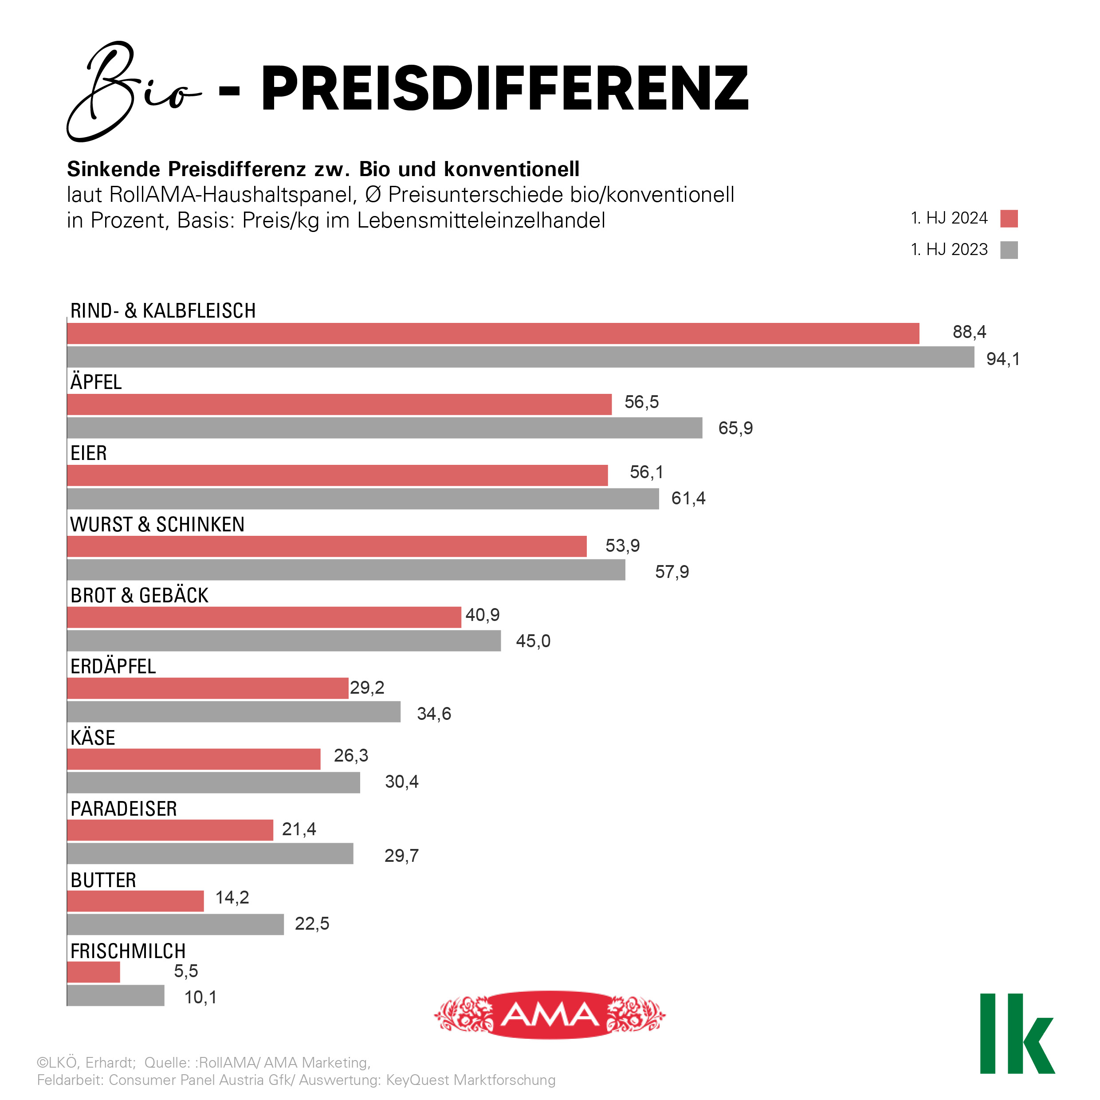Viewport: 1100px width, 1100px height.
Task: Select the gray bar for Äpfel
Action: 384,428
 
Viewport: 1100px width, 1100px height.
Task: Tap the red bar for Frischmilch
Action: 94,972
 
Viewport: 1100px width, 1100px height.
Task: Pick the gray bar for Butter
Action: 175,924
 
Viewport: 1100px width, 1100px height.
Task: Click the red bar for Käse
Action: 193,759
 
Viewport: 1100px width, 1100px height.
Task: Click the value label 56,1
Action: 646,472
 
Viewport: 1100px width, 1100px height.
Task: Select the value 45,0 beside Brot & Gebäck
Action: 533,641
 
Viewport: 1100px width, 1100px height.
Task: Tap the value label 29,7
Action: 401,856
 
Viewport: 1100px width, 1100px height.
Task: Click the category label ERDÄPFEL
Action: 113,667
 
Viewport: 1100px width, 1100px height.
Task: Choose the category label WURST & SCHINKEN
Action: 157,524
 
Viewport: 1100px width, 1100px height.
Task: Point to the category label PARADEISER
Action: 124,809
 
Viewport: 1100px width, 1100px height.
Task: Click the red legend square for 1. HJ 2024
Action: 1009,219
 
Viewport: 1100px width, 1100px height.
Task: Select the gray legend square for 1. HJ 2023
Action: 1009,250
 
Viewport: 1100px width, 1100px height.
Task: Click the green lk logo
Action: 1017,1034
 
